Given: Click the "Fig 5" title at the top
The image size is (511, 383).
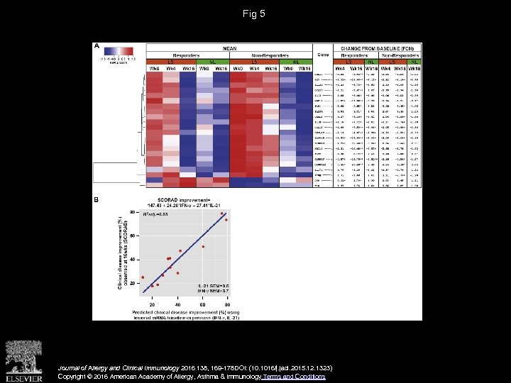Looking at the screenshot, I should pos(253,13).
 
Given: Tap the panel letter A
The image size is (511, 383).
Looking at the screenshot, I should pos(97,46).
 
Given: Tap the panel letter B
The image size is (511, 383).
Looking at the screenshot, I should pos(97,200).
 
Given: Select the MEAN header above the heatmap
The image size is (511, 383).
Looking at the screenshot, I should pos(229,47).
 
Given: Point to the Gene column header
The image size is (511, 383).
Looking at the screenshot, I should pos(322,54).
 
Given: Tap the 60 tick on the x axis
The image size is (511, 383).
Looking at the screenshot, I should pos(202,304).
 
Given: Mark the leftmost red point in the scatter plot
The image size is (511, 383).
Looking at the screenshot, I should pos(143,277).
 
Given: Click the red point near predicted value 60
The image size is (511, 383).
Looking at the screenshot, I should pos(203,247).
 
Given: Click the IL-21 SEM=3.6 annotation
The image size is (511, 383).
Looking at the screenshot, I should pos(212,285).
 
